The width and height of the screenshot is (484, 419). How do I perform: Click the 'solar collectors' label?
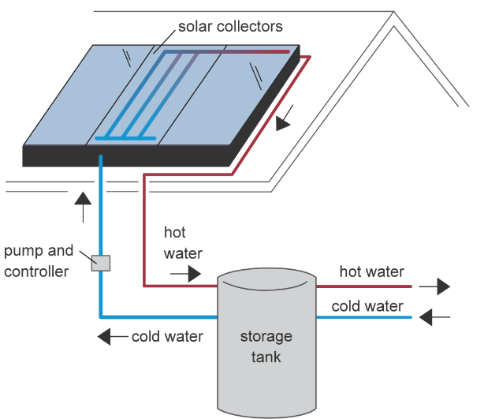230,27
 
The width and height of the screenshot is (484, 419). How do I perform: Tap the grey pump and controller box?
101,263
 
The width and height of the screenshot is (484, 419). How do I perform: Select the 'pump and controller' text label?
39,261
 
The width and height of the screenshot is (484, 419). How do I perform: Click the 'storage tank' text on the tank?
266,346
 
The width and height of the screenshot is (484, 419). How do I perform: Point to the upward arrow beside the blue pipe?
83,207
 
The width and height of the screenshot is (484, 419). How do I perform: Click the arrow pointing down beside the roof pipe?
284,118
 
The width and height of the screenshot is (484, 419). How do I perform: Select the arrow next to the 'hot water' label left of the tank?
185,274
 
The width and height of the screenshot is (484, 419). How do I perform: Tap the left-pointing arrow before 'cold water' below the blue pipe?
113,336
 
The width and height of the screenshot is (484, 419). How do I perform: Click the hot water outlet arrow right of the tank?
434,286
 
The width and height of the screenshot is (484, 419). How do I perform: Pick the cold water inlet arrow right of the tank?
434,317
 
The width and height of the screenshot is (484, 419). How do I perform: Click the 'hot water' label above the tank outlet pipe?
371,272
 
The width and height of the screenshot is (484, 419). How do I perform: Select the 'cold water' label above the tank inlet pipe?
367,306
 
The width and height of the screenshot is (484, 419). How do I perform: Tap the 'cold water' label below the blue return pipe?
167,336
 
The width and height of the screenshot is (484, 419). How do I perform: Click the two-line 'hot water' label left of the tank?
183,243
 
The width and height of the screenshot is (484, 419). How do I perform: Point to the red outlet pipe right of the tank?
364,286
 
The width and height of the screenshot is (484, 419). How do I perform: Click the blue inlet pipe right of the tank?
364,317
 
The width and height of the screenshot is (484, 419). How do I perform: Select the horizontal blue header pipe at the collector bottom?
125,138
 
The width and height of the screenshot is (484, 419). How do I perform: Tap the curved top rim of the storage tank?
266,286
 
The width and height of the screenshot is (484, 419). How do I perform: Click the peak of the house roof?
393,12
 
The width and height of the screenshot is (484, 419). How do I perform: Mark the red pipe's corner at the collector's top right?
310,57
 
